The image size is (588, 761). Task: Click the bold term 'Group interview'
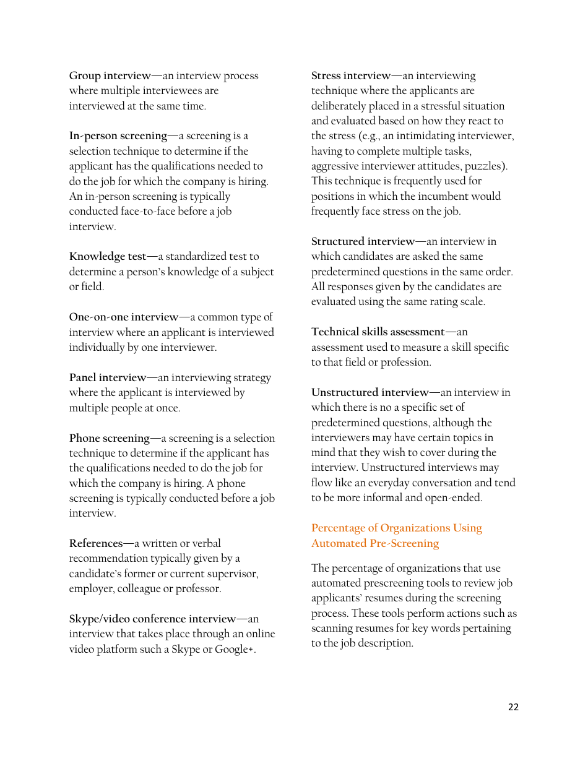tap(110, 76)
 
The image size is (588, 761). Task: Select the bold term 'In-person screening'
tap(118, 136)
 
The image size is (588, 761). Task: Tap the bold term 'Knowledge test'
tap(108, 257)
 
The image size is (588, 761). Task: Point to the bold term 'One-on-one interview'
tap(123, 317)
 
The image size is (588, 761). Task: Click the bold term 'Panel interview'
tap(107, 378)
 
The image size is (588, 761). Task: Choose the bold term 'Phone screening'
tap(109, 439)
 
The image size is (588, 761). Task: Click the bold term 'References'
tap(95, 544)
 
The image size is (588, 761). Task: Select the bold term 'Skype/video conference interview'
tap(152, 619)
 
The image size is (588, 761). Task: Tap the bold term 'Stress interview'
tap(350, 76)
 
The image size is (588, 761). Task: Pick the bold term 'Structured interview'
tap(363, 242)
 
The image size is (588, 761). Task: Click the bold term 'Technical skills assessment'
tap(378, 332)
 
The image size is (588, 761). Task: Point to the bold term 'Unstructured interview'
tap(370, 393)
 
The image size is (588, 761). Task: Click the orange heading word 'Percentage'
tap(344, 528)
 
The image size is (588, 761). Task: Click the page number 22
tap(513, 707)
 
